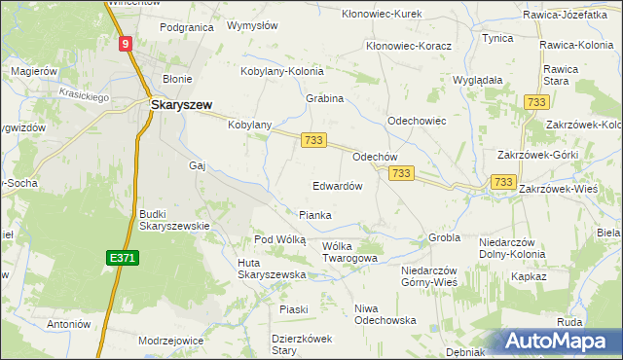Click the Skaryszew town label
(182, 104)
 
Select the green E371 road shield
(121, 257)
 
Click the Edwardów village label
(338, 185)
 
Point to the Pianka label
(314, 215)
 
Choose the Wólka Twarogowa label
(349, 252)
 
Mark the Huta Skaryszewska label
(272, 269)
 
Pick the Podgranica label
(186, 27)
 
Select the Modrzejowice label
(171, 341)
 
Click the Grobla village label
(444, 237)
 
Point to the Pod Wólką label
(279, 238)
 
